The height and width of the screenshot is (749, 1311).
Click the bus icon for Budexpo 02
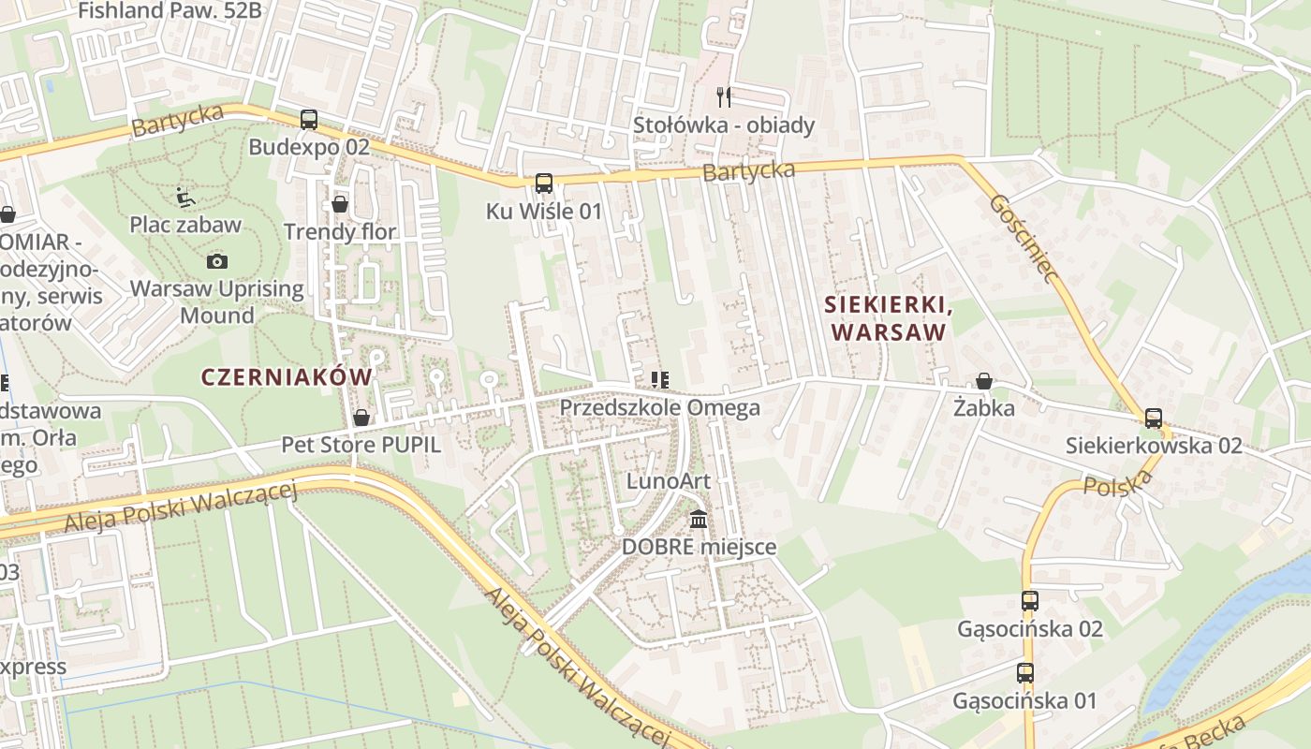tap(309, 120)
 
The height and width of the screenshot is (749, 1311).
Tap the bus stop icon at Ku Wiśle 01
tap(543, 184)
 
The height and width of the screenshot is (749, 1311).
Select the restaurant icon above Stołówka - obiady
tap(723, 96)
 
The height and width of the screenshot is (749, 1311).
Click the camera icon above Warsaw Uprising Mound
tap(217, 261)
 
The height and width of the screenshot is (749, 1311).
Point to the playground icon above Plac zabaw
tap(185, 198)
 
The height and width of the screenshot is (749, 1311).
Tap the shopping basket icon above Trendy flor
tap(340, 204)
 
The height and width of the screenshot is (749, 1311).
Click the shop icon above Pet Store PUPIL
tap(361, 418)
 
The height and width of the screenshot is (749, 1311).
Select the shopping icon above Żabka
tap(984, 381)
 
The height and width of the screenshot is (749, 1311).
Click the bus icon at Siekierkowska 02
tap(1154, 419)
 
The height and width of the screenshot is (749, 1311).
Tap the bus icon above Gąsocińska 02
tap(1030, 601)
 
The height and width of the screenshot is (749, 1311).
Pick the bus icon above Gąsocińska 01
tap(1025, 673)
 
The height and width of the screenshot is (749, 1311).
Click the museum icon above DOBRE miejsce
tap(699, 519)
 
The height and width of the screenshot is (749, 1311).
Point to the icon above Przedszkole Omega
tap(660, 380)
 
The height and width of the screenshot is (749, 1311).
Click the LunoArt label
tap(669, 481)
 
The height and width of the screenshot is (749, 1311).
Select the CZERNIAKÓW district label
tap(287, 376)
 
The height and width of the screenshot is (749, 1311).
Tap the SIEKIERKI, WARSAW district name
tap(889, 318)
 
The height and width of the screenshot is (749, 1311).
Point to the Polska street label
tap(1118, 483)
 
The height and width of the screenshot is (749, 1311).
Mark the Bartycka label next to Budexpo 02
tap(178, 120)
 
